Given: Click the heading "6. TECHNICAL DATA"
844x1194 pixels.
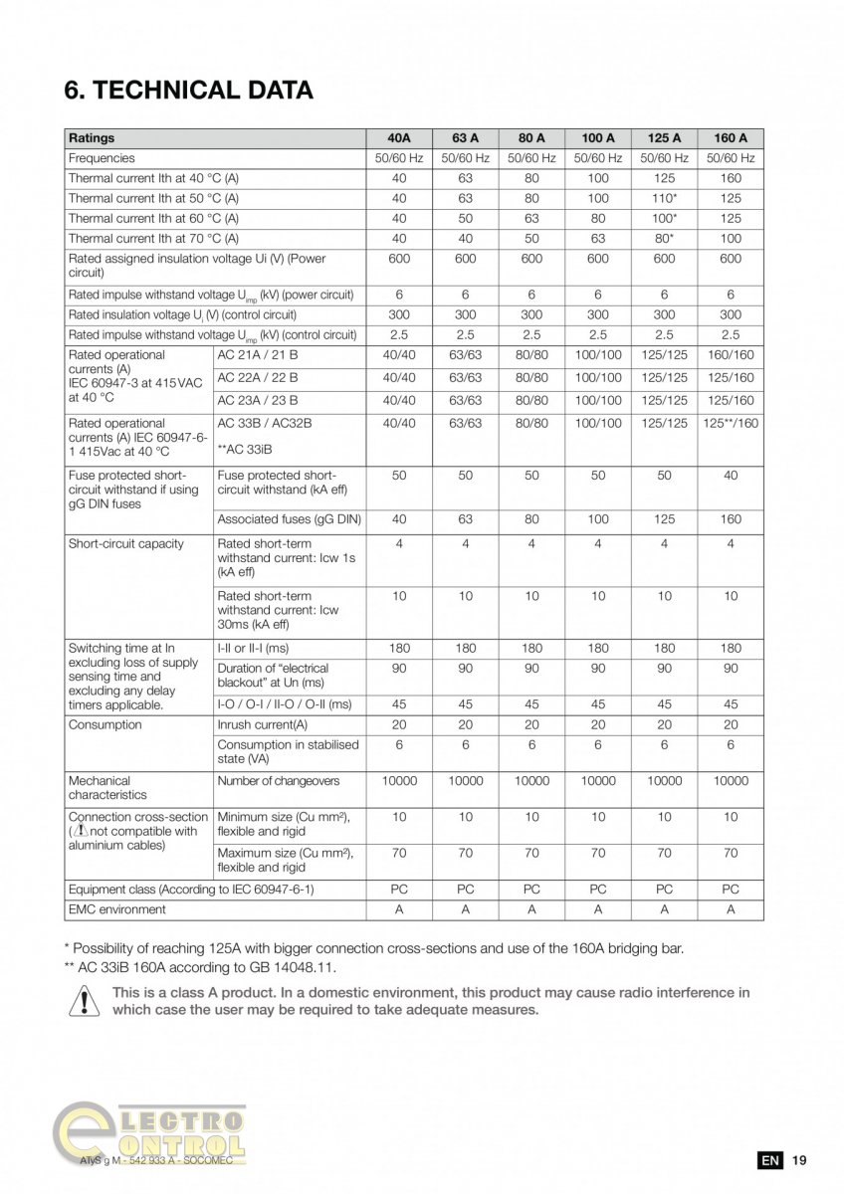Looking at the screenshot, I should click(x=189, y=91).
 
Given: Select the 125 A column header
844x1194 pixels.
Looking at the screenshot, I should click(x=664, y=138).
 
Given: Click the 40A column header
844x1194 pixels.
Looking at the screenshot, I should click(x=399, y=138).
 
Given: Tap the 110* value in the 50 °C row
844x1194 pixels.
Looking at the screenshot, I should click(x=664, y=198).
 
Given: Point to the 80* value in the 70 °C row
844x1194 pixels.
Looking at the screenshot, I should click(x=664, y=239).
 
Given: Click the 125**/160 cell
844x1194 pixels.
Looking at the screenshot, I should click(x=731, y=423).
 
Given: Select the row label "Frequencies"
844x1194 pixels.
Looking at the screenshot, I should click(x=102, y=158).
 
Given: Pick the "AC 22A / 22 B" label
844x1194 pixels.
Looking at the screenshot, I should click(x=258, y=378).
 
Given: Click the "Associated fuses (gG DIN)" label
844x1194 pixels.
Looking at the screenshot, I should click(x=289, y=519).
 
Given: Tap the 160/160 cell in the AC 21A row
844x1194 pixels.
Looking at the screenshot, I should click(x=731, y=355).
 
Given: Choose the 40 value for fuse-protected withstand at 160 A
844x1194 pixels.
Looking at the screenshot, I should click(x=731, y=476).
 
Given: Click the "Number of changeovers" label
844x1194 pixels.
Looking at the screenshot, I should click(x=279, y=781).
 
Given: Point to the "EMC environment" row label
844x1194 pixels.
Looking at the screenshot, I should click(x=117, y=909).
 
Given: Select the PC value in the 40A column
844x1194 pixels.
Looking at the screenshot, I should click(x=399, y=890).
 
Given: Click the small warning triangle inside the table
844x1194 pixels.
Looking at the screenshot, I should click(x=81, y=831).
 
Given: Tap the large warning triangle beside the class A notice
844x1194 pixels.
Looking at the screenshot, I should click(x=85, y=1000).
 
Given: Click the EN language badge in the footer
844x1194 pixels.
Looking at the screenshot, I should click(x=769, y=1160).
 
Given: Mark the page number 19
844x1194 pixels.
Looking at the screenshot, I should click(x=799, y=1160).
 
